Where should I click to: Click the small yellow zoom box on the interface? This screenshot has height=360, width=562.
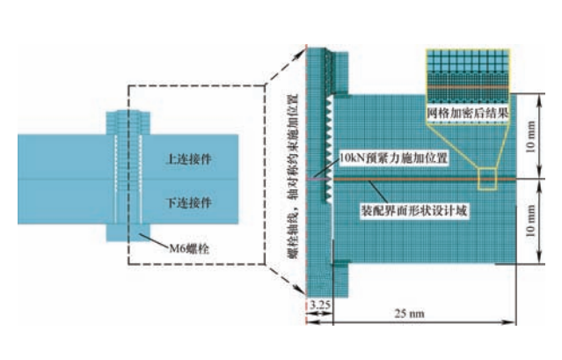pyautogui.click(x=487, y=180)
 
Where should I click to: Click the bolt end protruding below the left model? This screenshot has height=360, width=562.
pyautogui.click(x=124, y=233)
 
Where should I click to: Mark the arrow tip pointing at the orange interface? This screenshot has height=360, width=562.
pyautogui.click(x=370, y=183)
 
